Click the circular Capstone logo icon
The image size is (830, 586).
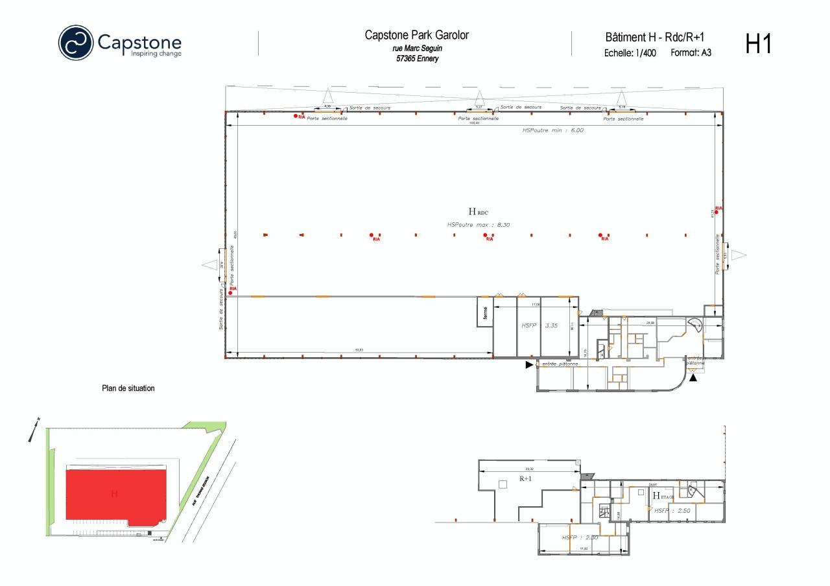[x=76, y=42]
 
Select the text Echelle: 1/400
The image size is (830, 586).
[x=630, y=53]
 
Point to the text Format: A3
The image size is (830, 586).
[x=691, y=53]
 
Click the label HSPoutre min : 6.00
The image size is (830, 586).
[x=552, y=130]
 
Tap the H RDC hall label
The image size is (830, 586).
[x=477, y=211]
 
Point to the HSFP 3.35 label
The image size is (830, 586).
[x=539, y=325]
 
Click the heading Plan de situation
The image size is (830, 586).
[x=128, y=389]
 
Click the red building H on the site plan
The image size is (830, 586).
[x=115, y=494]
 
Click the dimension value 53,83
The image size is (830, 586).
[x=359, y=351]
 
